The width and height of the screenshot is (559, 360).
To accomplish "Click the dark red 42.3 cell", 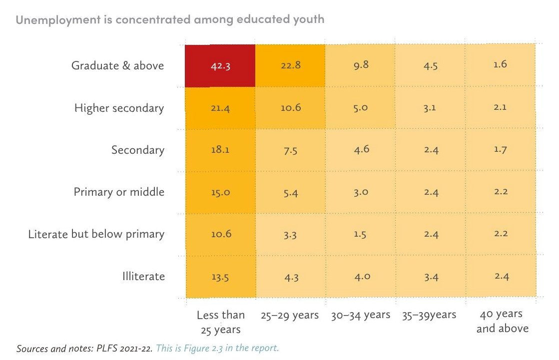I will pos(220,66).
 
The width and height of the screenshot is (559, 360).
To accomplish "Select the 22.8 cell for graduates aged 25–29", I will pos(290,65).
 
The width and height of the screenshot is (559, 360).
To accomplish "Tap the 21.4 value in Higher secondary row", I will pos(220,108).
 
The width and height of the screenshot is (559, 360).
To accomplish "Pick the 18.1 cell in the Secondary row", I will pos(220,150).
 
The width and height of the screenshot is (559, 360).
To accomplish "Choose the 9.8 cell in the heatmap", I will pos(360,65).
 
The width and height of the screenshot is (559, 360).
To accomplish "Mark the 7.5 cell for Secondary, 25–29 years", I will pos(290,150).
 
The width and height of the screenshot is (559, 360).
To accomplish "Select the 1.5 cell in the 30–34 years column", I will pos(360,234).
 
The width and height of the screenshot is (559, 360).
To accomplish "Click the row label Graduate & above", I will pos(118,65).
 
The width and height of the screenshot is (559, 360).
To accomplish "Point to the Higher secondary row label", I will pos(119,108).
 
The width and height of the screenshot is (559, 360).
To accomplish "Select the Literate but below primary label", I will pos(96,234).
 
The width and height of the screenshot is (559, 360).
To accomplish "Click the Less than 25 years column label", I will pos(220,322).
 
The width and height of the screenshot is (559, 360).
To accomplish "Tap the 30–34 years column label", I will pos(360,315).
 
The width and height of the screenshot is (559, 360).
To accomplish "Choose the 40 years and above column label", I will pos(501,321).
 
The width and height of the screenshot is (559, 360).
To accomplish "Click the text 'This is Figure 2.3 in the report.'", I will pos(217,348).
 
